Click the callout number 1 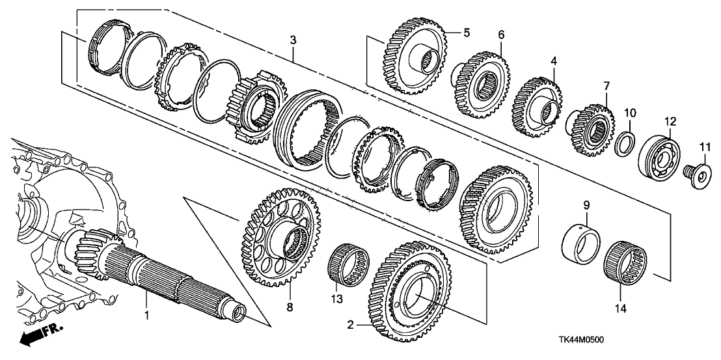pos(147,315)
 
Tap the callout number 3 pos(293,40)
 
